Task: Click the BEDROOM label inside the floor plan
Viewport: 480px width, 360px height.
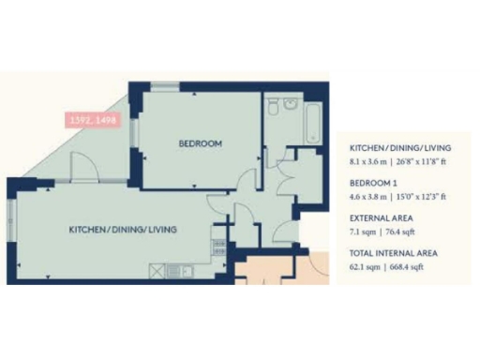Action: [x=201, y=143]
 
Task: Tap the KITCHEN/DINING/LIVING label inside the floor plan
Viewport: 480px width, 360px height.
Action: [x=122, y=229]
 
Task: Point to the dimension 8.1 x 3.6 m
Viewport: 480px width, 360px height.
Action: [x=370, y=161]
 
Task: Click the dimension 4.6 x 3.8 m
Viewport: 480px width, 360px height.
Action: [x=370, y=196]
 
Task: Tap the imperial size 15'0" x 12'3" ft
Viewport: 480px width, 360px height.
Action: [x=424, y=196]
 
